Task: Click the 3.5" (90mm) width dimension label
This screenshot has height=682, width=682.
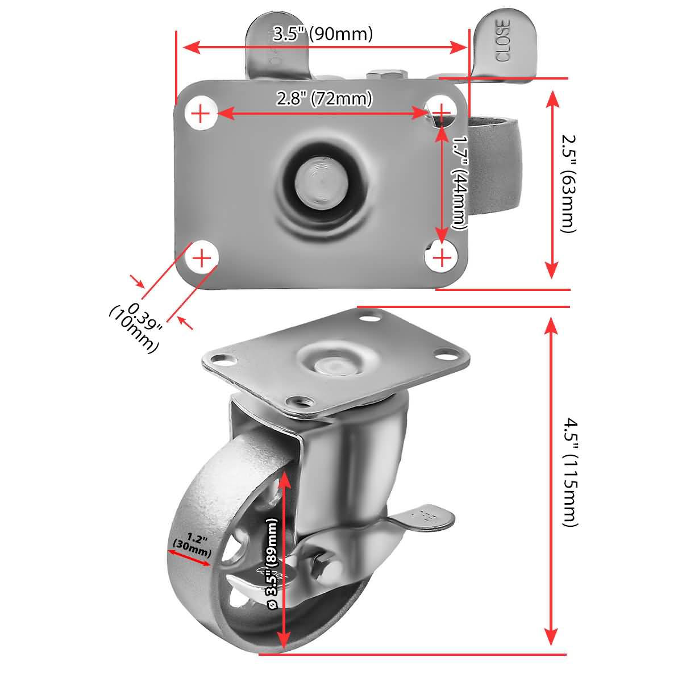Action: point(323,34)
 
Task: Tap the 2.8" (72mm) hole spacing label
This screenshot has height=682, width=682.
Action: point(325,99)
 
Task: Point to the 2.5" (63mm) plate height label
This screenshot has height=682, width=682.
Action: point(568,183)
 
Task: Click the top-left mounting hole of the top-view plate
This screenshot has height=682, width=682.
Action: point(201,114)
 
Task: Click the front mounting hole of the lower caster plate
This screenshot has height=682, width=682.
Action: point(298,402)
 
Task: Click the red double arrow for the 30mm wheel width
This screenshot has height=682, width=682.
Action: point(189,557)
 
